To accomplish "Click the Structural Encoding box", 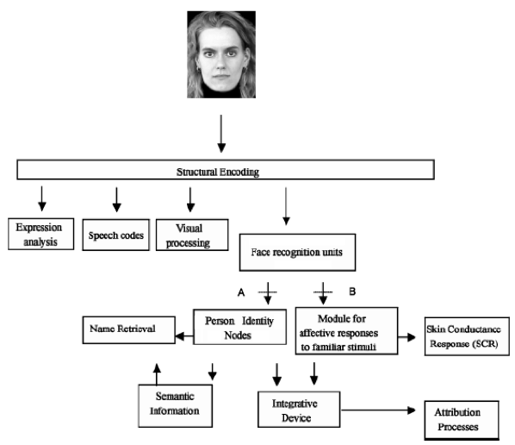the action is tap(226, 170).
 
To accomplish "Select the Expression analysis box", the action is tap(41, 234).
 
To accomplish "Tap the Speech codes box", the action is tap(116, 235).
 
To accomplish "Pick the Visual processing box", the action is tap(192, 235).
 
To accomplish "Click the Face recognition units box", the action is tap(298, 253).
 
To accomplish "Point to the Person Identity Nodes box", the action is tap(239, 327).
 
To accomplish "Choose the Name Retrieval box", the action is tap(129, 330).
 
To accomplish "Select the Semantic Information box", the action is tap(176, 406).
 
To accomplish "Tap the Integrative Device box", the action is tap(299, 410).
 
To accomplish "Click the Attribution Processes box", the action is tap(462, 420).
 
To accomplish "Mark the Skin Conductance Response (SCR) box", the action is tap(467, 336).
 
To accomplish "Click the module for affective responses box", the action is tap(346, 331).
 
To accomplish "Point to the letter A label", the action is tap(241, 292).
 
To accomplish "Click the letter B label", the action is tap(352, 291).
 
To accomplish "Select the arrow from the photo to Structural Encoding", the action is tap(221, 134).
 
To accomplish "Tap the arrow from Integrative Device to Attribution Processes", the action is tap(378, 411).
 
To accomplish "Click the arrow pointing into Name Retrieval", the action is tap(184, 336).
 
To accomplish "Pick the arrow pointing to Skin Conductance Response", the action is tap(406, 337).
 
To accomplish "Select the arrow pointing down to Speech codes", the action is tap(116, 199).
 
